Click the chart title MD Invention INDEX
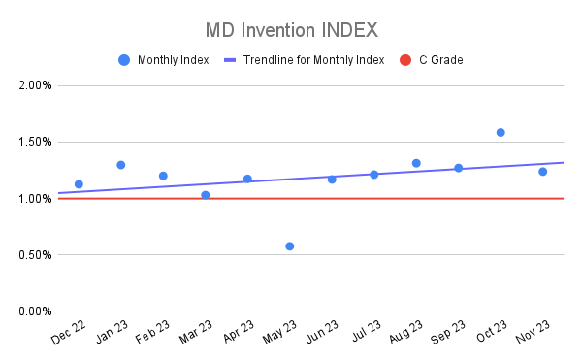(291, 28)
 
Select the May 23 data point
(290, 246)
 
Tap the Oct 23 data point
(501, 132)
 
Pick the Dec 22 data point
(79, 184)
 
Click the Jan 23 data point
(121, 165)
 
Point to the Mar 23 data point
(206, 195)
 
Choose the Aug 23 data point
(416, 163)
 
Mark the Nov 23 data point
(542, 172)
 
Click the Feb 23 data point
(163, 176)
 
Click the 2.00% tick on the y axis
(35, 85)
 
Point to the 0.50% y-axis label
(35, 255)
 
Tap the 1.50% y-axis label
(35, 143)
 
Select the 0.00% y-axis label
(35, 311)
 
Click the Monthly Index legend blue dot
(123, 60)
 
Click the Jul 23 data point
(373, 175)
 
